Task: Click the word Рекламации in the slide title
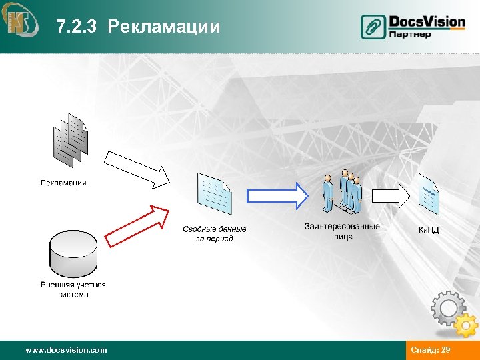tap(163, 27)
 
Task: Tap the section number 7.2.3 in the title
tap(77, 27)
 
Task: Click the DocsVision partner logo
tap(413, 26)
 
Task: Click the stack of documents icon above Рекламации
tap(70, 141)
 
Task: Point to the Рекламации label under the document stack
tap(63, 183)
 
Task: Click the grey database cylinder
tap(73, 254)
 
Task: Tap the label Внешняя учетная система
tap(73, 289)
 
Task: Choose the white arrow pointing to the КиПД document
tap(391, 195)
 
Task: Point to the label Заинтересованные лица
tap(341, 231)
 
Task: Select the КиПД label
tap(428, 230)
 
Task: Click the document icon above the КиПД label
tap(429, 194)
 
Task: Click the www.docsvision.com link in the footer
tap(65, 350)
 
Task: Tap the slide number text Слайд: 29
tap(431, 350)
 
